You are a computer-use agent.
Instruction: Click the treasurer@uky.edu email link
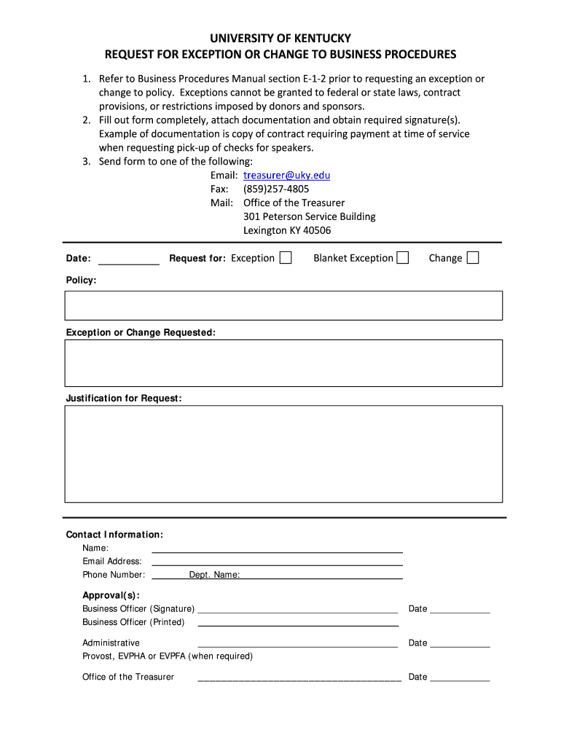pos(286,176)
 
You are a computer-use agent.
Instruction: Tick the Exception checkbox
pos(286,258)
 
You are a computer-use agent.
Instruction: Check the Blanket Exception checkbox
pos(402,258)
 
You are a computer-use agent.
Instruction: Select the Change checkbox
pos(472,258)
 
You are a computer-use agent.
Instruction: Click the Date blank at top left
pos(128,259)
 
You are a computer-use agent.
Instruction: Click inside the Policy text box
pos(283,305)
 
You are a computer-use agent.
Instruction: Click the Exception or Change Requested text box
pos(283,363)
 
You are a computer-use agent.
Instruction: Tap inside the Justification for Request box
pos(283,453)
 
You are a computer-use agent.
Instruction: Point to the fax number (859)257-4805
pos(276,189)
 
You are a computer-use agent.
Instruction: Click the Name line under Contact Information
pos(277,548)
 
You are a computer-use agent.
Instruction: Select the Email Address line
pos(277,561)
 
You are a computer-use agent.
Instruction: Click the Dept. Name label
pos(214,575)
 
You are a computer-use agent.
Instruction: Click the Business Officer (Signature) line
pos(298,609)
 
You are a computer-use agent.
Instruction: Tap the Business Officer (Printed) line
pos(298,622)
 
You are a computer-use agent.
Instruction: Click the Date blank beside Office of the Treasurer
pos(460,677)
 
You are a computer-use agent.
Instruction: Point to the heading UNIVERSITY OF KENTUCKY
pos(280,38)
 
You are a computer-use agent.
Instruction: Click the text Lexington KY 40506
pos(287,230)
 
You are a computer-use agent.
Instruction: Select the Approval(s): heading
pos(111,595)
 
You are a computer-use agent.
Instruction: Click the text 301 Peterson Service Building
pos(310,216)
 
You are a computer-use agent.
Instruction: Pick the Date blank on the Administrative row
pos(460,643)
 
